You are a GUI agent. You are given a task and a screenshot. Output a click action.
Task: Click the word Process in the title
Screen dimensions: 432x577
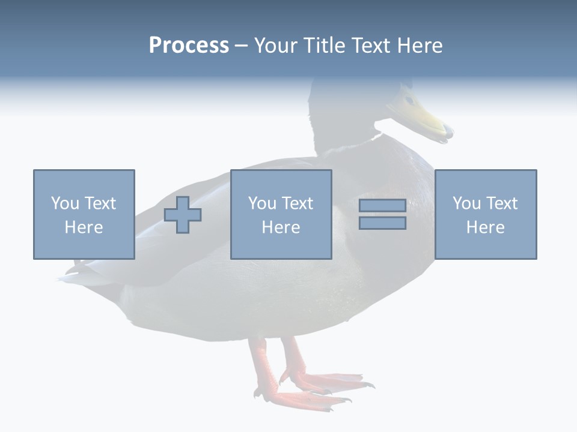click(189, 46)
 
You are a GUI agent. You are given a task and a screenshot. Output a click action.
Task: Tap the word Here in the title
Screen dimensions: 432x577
click(419, 46)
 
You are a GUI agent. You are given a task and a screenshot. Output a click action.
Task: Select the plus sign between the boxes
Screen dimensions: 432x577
click(183, 215)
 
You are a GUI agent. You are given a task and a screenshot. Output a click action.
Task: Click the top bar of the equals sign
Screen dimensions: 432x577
click(382, 206)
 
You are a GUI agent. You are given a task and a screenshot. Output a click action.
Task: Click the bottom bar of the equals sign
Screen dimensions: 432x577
click(382, 223)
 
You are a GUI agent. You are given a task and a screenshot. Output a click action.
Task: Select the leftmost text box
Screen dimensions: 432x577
click(84, 214)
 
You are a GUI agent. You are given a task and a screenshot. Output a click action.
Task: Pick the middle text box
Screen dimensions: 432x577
click(281, 214)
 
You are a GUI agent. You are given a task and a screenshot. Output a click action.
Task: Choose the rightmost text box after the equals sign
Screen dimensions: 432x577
click(485, 214)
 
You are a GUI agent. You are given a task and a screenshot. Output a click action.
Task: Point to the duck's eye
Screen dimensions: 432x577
click(409, 99)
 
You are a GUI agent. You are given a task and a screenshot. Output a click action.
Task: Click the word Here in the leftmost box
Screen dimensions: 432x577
click(84, 227)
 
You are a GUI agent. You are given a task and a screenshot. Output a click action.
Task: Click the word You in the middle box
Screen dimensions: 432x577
click(262, 203)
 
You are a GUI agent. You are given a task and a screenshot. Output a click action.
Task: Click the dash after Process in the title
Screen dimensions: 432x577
click(241, 46)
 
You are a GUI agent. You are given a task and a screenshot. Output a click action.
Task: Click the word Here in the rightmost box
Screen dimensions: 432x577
click(485, 227)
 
